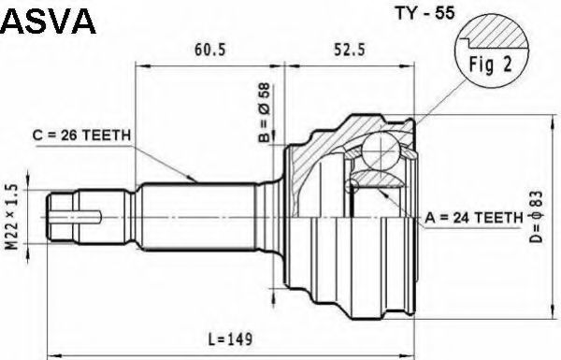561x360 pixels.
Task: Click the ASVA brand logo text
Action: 48,22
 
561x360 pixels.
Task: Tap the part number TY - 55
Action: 424,13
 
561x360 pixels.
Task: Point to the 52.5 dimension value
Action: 350,50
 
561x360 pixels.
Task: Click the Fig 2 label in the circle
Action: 491,65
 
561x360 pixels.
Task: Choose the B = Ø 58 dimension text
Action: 266,113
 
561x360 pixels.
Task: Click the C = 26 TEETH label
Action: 81,136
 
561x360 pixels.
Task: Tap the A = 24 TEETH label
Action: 474,217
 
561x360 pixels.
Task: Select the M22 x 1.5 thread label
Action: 12,217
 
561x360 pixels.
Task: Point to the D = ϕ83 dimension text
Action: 537,217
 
